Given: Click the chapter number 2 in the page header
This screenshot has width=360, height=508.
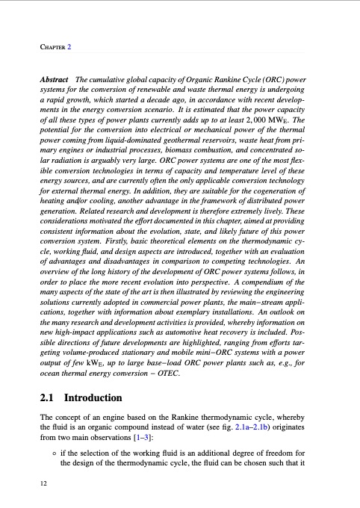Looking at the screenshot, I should (x=69, y=47).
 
